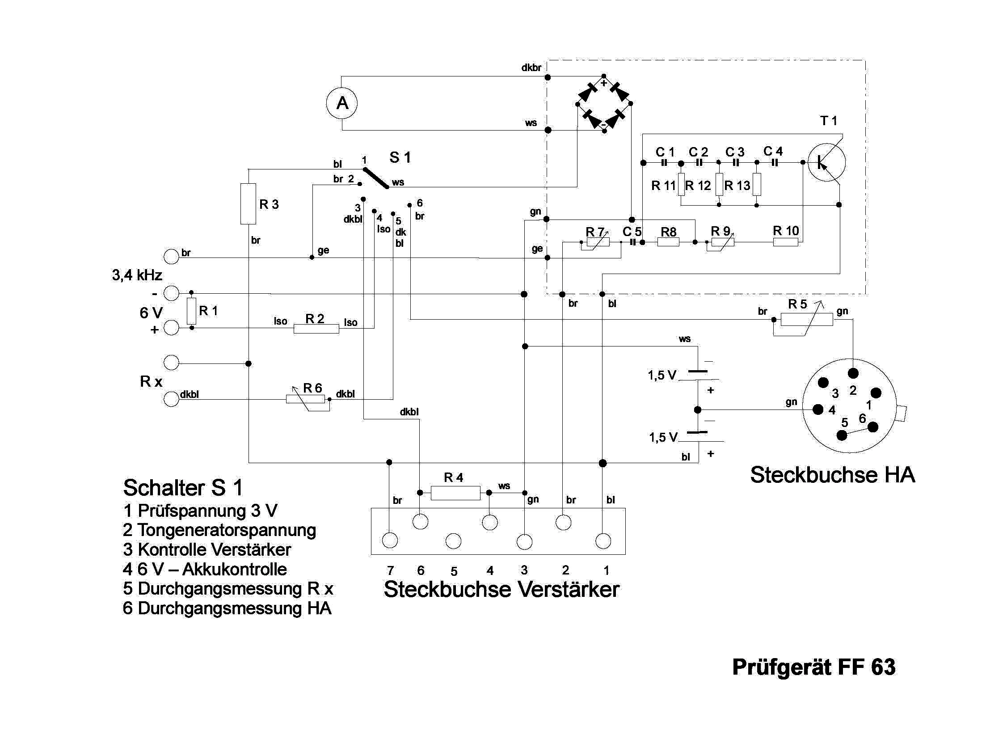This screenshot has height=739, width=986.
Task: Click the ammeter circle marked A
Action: pyautogui.click(x=341, y=103)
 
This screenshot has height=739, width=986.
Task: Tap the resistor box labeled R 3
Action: pyautogui.click(x=248, y=203)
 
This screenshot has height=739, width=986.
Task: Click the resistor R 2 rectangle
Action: pyautogui.click(x=316, y=329)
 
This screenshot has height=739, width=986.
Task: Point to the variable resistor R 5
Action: pyautogui.click(x=806, y=319)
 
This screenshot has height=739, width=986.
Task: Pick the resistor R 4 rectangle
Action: pyautogui.click(x=455, y=493)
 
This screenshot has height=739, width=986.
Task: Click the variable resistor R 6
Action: pyautogui.click(x=305, y=399)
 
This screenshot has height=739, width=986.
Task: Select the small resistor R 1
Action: pyautogui.click(x=191, y=311)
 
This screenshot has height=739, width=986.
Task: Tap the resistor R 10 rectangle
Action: pyautogui.click(x=785, y=242)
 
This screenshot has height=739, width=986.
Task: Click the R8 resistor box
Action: pyautogui.click(x=668, y=242)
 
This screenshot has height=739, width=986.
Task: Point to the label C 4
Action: pyautogui.click(x=773, y=152)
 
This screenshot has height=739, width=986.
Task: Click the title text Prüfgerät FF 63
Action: pyautogui.click(x=813, y=667)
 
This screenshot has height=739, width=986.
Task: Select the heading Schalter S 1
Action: pyautogui.click(x=183, y=488)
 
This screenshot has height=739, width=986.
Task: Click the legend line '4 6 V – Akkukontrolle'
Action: pyautogui.click(x=205, y=569)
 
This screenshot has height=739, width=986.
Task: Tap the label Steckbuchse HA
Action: pyautogui.click(x=832, y=475)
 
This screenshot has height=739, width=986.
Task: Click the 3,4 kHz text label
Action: pyautogui.click(x=137, y=275)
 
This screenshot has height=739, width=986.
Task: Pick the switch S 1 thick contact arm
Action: pyautogui.click(x=375, y=178)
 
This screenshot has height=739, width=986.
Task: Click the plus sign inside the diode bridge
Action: pyautogui.click(x=603, y=83)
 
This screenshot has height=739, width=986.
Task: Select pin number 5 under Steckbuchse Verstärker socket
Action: pyautogui.click(x=454, y=571)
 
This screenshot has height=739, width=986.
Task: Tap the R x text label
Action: pyautogui.click(x=151, y=381)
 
